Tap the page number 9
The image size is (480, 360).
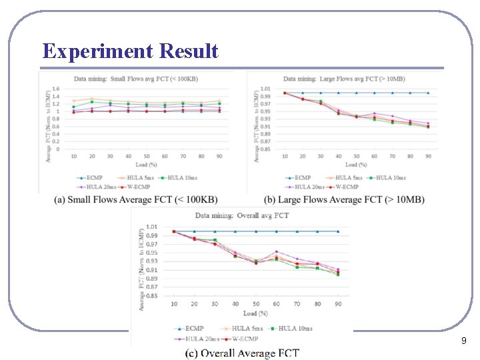click(463, 341)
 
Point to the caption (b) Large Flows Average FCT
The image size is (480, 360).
click(344, 199)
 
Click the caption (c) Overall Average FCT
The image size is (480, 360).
click(242, 353)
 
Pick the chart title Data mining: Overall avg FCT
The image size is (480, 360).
click(242, 215)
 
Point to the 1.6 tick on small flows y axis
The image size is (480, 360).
click(56, 89)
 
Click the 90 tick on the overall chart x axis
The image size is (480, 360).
click(338, 304)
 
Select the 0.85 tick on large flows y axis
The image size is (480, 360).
click(265, 149)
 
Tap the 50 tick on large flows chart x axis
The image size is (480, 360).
click(357, 155)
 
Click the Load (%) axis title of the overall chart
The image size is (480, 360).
click(255, 313)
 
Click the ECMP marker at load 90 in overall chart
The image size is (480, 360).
click(338, 231)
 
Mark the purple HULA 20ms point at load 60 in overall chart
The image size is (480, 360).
click(276, 252)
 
